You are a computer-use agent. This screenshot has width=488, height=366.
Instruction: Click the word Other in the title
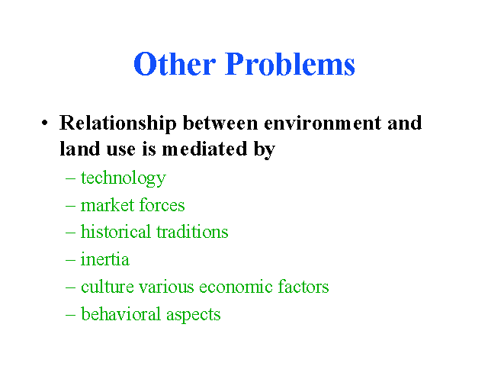[x=175, y=64]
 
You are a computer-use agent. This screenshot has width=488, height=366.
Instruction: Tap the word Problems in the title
[x=290, y=64]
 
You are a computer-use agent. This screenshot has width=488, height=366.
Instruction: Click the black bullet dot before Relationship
[x=45, y=123]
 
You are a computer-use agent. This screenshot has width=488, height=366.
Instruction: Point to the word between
[x=220, y=123]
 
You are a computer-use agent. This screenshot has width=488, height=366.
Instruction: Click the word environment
[x=323, y=123]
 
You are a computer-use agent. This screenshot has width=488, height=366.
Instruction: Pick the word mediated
[x=204, y=149]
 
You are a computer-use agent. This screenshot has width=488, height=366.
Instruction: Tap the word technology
[x=124, y=178]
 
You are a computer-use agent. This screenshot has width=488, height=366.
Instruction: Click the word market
[x=108, y=205]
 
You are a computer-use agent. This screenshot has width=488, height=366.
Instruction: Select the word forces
[x=162, y=205]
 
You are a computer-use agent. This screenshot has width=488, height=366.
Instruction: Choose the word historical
[x=116, y=232]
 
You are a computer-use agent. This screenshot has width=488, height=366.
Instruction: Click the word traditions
[x=192, y=232]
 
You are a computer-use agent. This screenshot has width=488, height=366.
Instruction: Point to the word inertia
[x=105, y=259]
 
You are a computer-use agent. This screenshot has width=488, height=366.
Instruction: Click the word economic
[x=236, y=287]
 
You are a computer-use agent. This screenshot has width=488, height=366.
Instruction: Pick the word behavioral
[x=121, y=313]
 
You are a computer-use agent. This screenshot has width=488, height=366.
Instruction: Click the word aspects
[x=194, y=315]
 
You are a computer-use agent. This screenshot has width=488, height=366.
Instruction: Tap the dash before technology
[x=70, y=179]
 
